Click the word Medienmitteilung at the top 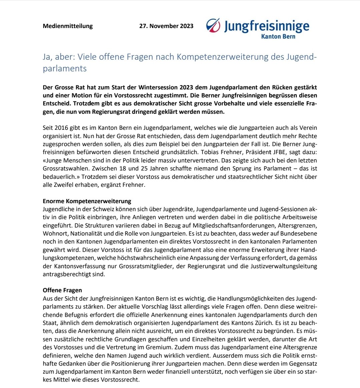coord(68,26)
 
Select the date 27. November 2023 coord(166,26)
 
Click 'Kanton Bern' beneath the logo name coord(278,36)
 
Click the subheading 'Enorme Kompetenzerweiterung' coord(87,201)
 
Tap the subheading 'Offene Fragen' coord(62,290)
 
